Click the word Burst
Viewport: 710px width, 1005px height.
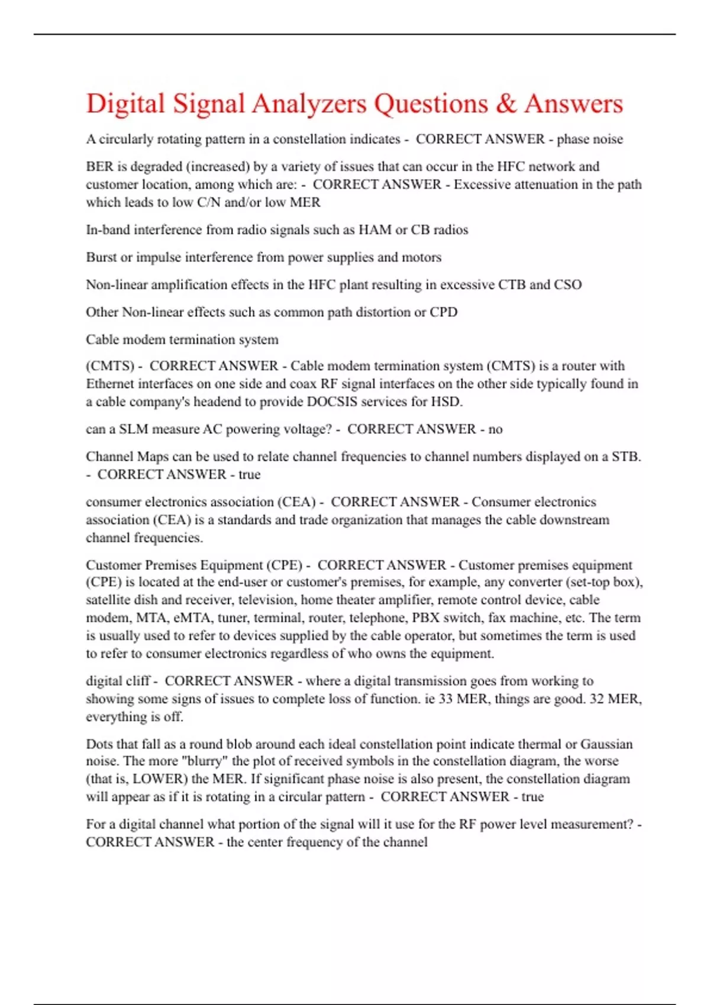[x=101, y=258]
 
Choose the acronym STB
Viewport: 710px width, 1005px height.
[x=626, y=457]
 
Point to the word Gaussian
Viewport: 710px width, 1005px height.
[x=606, y=744]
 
